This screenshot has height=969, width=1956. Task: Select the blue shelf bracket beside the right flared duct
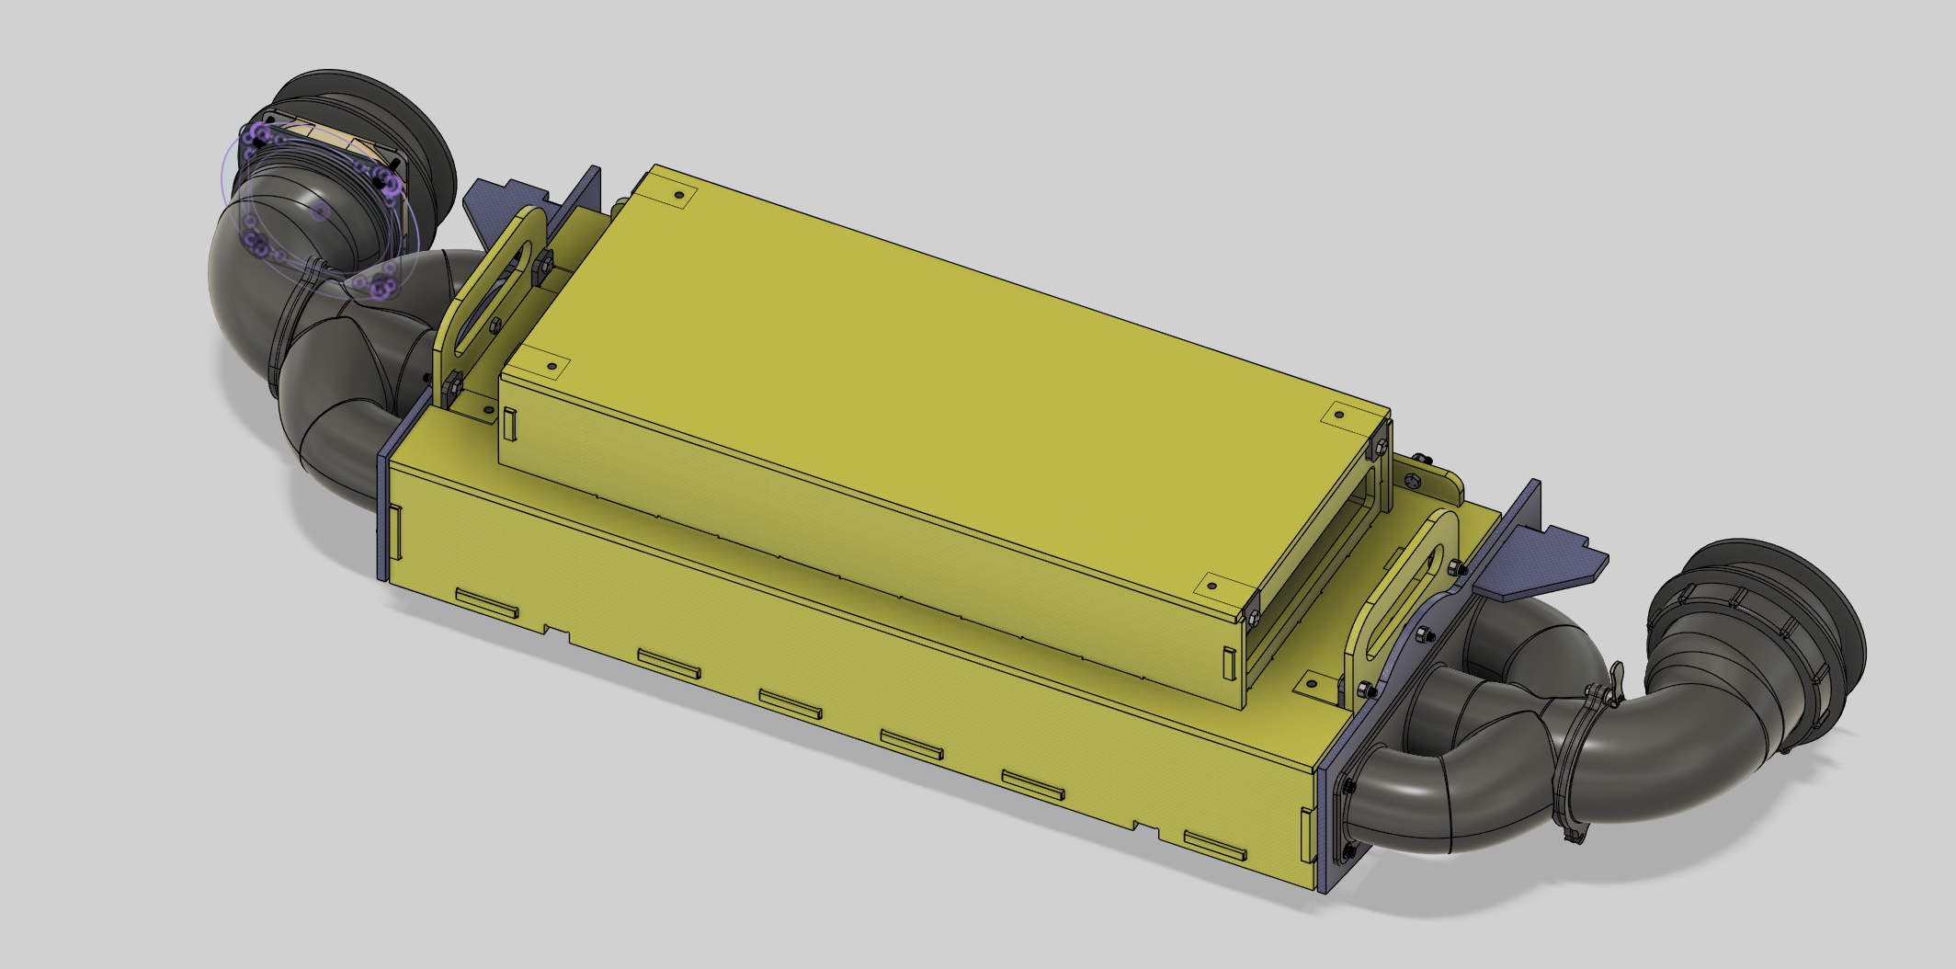1553,561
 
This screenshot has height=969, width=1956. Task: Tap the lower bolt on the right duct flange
1349,851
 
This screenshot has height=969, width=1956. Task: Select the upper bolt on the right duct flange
1348,787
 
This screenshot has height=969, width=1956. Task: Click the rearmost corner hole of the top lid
679,196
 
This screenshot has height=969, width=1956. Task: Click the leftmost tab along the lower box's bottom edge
487,604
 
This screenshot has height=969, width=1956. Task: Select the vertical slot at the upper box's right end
1229,664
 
